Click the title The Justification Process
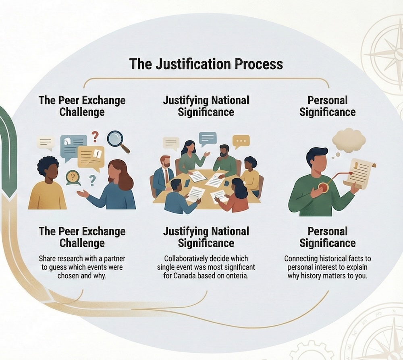pyautogui.click(x=206, y=64)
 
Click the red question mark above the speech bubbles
pyautogui.click(x=95, y=137)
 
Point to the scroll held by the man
pyautogui.click(x=359, y=172)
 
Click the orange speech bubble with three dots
pyautogui.click(x=241, y=141)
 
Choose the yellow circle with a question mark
pyautogui.click(x=73, y=176)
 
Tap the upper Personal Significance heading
pyautogui.click(x=327, y=106)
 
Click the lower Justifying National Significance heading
pyautogui.click(x=206, y=237)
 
